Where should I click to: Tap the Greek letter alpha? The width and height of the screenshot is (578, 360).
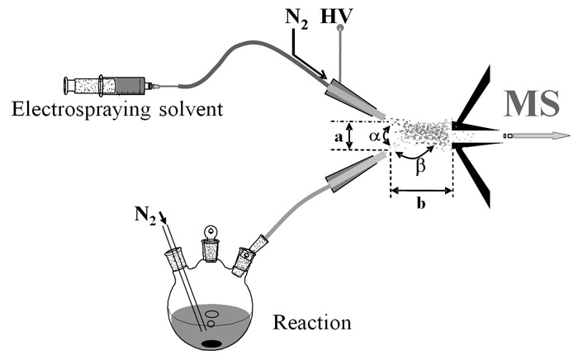pos(372,137)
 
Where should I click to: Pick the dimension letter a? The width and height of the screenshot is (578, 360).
pos(340,137)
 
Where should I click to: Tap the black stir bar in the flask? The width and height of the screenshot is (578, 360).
pos(212,343)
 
